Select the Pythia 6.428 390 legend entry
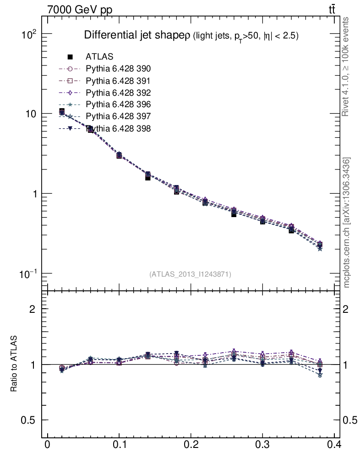(118, 69)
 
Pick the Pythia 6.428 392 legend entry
(118, 93)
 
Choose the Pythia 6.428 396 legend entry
(118, 105)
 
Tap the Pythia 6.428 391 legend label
(118, 81)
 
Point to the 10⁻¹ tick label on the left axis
(30, 273)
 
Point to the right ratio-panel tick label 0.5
(351, 420)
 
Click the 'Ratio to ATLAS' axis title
(14, 364)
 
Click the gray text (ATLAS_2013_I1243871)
(190, 274)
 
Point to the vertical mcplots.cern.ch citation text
(347, 223)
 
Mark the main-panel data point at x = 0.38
(320, 245)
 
